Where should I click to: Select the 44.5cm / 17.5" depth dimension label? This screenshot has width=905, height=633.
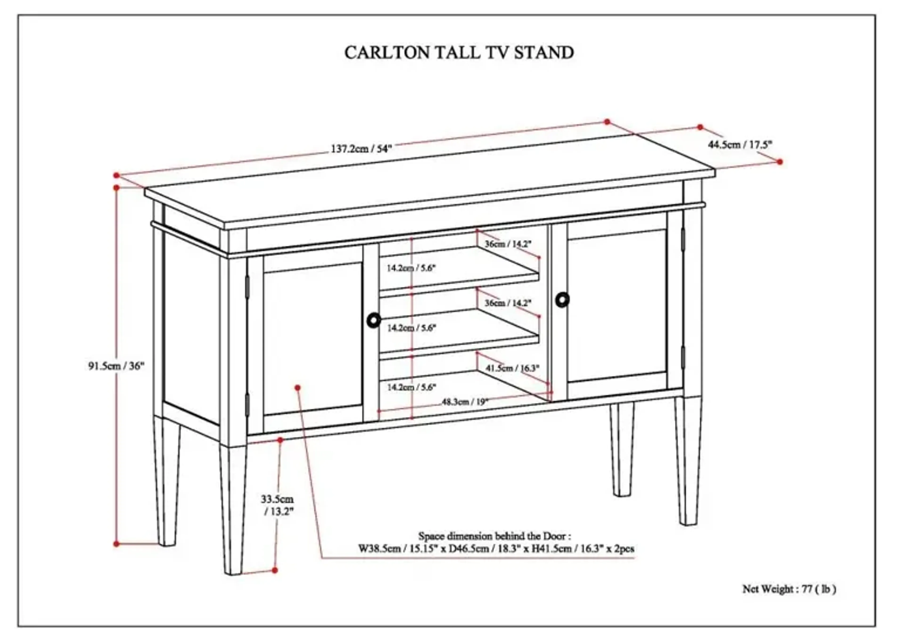pos(740,145)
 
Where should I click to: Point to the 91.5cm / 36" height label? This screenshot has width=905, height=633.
pos(116,366)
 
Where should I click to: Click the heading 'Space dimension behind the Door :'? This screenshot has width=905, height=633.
pos(494,536)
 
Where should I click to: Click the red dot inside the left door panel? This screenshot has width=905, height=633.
pos(298,388)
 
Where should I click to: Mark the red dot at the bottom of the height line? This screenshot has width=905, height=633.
pos(116,544)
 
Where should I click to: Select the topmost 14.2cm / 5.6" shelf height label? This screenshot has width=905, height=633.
pos(411,268)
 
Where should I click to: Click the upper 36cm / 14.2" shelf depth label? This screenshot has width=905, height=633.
pos(508,244)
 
